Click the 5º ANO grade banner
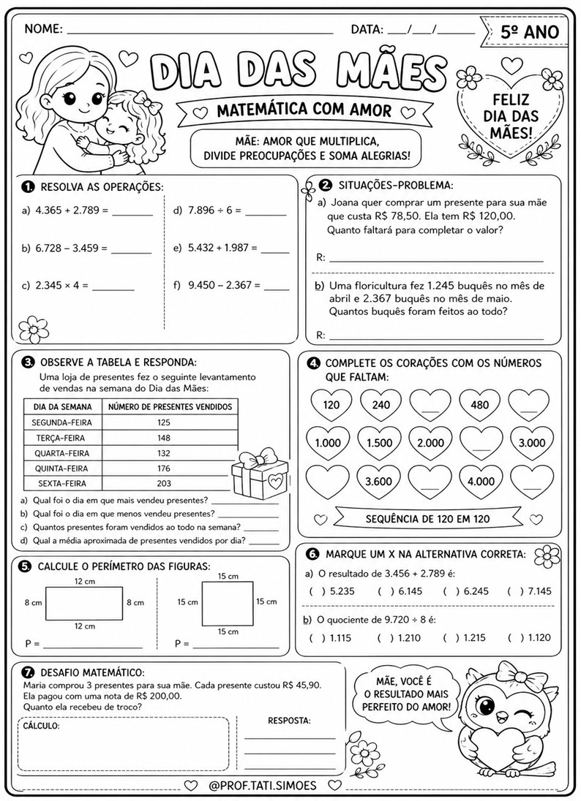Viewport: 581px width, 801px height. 529,31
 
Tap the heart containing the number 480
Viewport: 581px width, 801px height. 479,405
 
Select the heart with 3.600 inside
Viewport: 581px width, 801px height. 379,480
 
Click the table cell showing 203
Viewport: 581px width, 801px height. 164,483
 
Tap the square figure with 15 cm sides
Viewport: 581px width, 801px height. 227,602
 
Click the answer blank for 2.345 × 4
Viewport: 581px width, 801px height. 113,287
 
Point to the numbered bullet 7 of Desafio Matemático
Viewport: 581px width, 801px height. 28,672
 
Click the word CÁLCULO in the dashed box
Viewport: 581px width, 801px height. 41,726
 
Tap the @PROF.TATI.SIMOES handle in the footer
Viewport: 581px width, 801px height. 263,785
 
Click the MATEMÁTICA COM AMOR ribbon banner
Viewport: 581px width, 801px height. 304,110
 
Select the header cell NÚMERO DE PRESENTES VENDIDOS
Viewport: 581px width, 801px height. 170,406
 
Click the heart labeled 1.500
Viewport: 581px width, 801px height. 379,443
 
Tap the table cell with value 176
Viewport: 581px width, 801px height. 164,468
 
